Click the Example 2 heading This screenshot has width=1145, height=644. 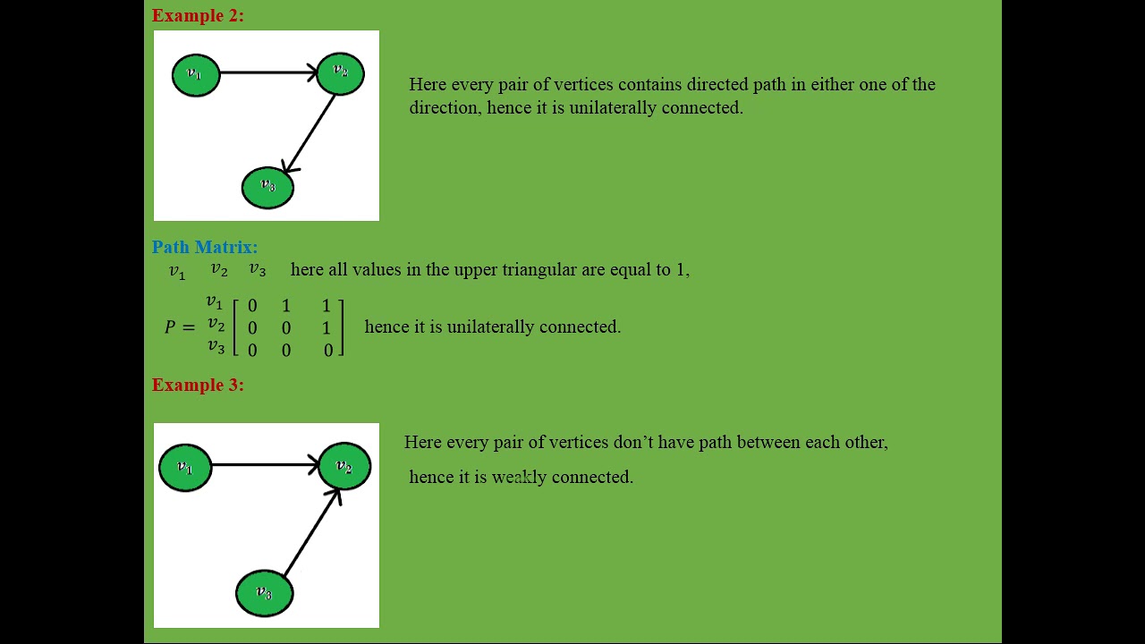tap(198, 15)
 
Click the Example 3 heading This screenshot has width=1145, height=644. tap(198, 385)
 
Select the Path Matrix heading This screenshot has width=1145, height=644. tap(205, 247)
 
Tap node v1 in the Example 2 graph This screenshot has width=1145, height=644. tap(196, 74)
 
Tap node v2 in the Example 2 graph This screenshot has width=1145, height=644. tap(340, 72)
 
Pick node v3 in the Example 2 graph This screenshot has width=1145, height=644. tap(267, 187)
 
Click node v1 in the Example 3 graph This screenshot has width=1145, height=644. tap(186, 468)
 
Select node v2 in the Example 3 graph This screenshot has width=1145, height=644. tap(344, 467)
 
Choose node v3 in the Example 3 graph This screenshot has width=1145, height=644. tap(265, 593)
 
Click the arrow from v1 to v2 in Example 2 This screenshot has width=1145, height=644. tap(268, 72)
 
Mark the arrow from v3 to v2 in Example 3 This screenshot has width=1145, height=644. tap(311, 533)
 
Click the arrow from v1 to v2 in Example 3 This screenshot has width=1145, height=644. tap(264, 464)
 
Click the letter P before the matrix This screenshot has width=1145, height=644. tap(170, 327)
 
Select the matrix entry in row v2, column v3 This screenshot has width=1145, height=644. tap(327, 328)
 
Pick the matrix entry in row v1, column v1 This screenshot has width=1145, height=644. tap(252, 306)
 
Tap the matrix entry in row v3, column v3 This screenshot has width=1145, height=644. tap(327, 351)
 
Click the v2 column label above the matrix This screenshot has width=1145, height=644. tap(219, 269)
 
